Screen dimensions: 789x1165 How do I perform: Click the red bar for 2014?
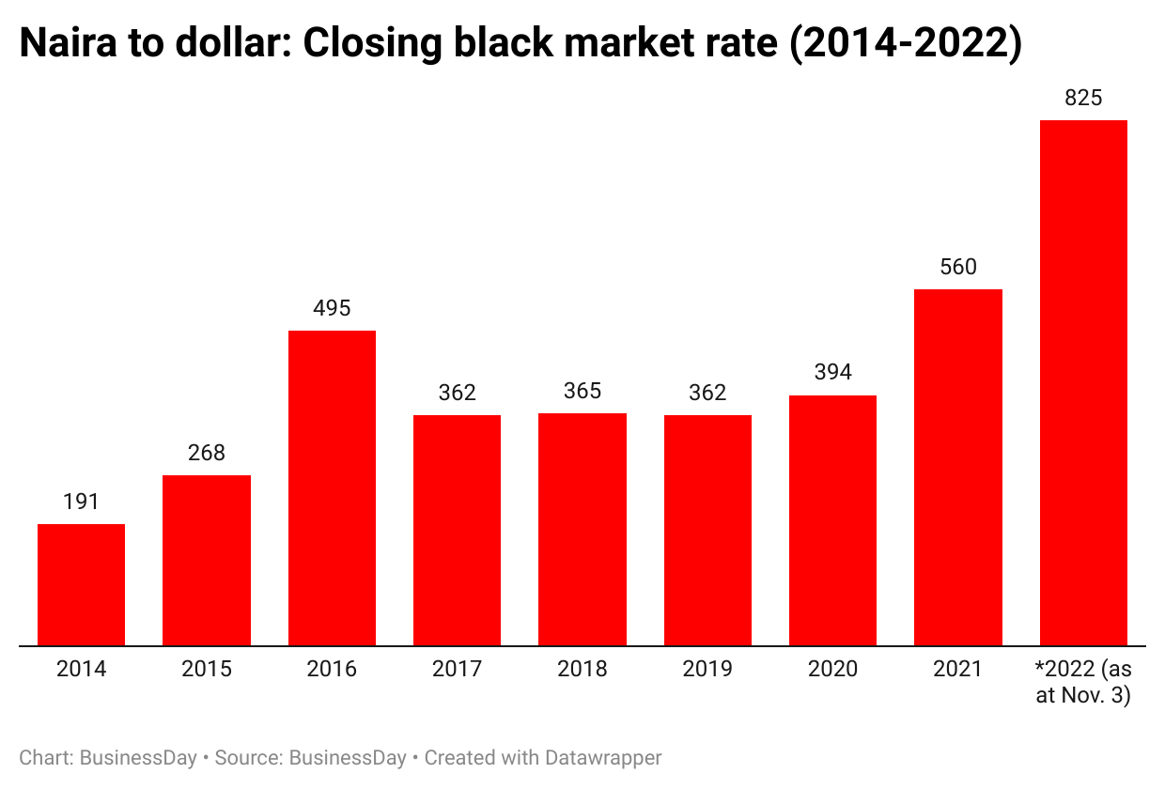click(x=81, y=584)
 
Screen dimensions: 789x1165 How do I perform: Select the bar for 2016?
click(x=332, y=487)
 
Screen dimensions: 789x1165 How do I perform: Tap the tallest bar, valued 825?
click(x=1083, y=382)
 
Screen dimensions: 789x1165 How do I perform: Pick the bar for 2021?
click(x=958, y=467)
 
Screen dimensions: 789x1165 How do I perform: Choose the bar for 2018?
click(x=582, y=529)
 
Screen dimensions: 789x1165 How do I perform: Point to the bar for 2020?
click(x=832, y=520)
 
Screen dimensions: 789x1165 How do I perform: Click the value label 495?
click(x=332, y=308)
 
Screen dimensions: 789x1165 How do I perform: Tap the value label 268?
click(x=207, y=453)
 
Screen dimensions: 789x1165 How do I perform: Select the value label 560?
click(x=958, y=267)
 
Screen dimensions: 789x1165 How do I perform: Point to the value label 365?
click(x=582, y=391)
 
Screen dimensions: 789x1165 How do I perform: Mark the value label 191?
click(x=81, y=502)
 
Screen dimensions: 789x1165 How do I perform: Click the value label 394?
click(x=832, y=373)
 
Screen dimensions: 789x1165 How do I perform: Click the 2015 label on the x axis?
click(x=207, y=669)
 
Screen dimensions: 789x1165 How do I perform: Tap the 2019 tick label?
click(x=707, y=669)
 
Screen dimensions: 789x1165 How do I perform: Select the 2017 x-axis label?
click(x=457, y=669)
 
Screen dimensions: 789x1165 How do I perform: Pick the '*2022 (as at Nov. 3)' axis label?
click(x=1083, y=682)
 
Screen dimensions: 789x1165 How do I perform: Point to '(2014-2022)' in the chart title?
click(x=905, y=44)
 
